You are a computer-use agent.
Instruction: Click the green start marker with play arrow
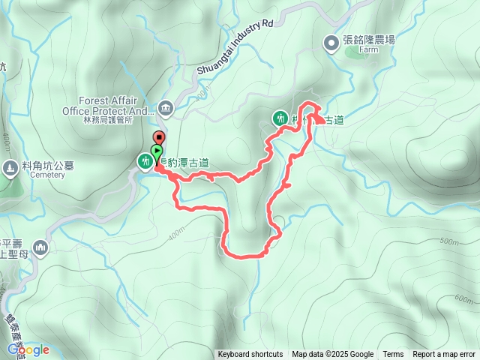pyautogui.click(x=156, y=151)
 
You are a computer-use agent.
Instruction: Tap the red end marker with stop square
pyautogui.click(x=159, y=137)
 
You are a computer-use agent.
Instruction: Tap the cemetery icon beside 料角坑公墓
pyautogui.click(x=9, y=167)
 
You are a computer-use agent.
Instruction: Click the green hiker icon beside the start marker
pyautogui.click(x=143, y=160)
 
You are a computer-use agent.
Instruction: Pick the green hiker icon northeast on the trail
pyautogui.click(x=280, y=118)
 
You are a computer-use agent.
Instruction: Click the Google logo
pyautogui.click(x=28, y=349)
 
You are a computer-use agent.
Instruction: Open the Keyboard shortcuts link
pyautogui.click(x=250, y=355)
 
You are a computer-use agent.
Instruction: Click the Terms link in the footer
pyautogui.click(x=393, y=355)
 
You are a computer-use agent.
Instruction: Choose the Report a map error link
pyautogui.click(x=444, y=355)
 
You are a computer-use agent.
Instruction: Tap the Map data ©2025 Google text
pyautogui.click(x=333, y=355)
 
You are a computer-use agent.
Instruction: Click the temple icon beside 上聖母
pyautogui.click(x=40, y=247)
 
